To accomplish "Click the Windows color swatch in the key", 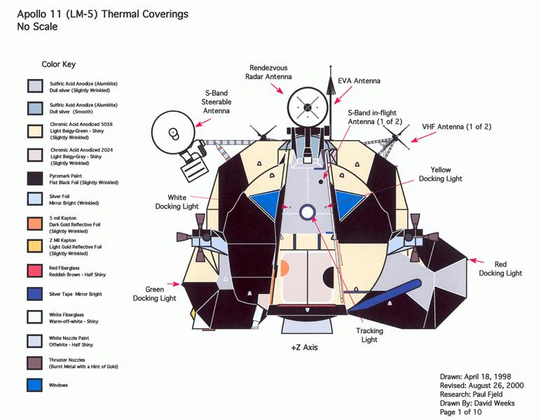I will [x=33, y=385].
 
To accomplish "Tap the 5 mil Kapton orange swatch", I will [x=33, y=223].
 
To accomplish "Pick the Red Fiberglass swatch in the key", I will [x=33, y=269].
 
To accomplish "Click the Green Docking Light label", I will [x=155, y=293].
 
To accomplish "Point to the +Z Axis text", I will [x=303, y=347].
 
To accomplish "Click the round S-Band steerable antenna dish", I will [x=172, y=132].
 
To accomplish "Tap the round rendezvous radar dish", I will [x=307, y=106].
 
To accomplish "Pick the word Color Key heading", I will [x=59, y=64].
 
